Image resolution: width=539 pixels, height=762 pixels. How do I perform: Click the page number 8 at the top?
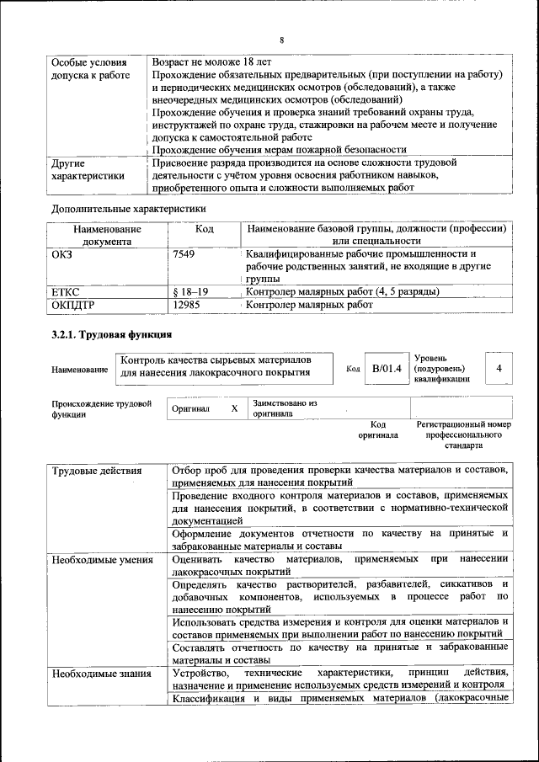281,39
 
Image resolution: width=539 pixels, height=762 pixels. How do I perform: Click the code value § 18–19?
190,291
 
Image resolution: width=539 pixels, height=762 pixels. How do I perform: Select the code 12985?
186,306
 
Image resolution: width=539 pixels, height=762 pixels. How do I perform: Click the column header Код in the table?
205,228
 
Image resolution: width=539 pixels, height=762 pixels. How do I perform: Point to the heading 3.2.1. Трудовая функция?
103,336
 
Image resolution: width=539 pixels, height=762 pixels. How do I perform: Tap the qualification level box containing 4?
499,368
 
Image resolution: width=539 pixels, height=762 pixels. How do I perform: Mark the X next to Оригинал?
234,408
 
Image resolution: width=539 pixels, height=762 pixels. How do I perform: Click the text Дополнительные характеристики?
128,208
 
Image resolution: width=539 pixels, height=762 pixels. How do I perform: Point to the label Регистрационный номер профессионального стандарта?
463,434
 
